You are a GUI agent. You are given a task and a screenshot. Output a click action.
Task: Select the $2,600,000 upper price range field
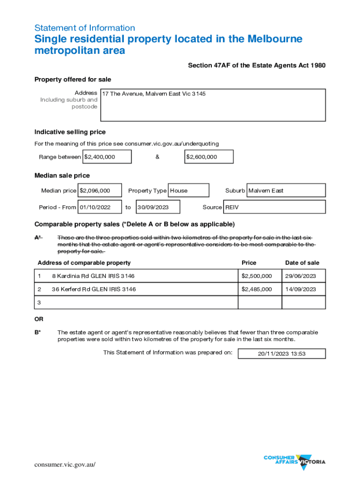click(x=209, y=157)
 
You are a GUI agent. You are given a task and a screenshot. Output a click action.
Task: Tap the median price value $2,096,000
click(x=100, y=190)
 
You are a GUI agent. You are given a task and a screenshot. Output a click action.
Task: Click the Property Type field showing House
click(x=188, y=190)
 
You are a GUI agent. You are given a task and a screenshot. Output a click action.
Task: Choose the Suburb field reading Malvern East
click(x=286, y=190)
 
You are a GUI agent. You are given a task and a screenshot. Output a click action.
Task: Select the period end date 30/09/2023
click(x=158, y=207)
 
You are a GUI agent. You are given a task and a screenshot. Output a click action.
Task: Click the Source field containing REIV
click(x=274, y=207)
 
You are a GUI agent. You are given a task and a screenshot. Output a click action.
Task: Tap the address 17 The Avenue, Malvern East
click(x=154, y=94)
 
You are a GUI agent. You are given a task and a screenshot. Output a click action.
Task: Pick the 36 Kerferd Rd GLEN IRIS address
click(x=94, y=289)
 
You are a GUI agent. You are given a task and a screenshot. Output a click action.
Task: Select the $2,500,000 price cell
click(x=257, y=276)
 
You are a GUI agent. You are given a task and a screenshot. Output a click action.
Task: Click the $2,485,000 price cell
click(x=257, y=289)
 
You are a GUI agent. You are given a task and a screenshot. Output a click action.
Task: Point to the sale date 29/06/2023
click(x=303, y=276)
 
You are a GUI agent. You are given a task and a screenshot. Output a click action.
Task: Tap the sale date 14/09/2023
click(x=303, y=289)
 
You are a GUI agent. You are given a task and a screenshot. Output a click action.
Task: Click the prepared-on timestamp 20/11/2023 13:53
click(x=281, y=354)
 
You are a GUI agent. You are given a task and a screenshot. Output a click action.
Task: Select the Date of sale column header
click(x=302, y=263)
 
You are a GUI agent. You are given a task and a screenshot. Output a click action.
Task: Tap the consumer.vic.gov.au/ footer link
click(x=65, y=464)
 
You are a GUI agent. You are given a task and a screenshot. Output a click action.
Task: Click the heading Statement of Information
click(x=85, y=28)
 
